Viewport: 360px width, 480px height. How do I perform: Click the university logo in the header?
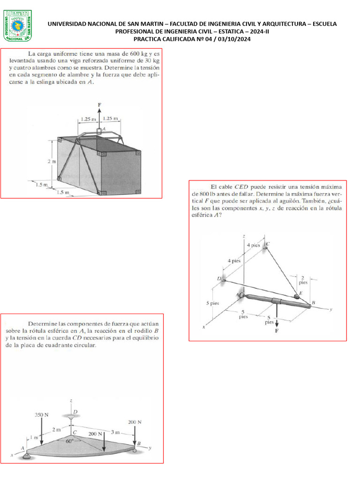pyautogui.click(x=18, y=24)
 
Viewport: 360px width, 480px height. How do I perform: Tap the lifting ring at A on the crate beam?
pyautogui.click(x=99, y=131)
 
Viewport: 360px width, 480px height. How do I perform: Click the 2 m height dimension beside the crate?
pyautogui.click(x=51, y=161)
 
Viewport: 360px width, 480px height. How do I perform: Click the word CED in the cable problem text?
pyautogui.click(x=242, y=186)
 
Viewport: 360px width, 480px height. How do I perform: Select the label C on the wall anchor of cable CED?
pyautogui.click(x=268, y=244)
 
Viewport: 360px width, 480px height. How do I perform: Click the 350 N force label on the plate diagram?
pyautogui.click(x=42, y=415)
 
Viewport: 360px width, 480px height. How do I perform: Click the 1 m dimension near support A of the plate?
pyautogui.click(x=31, y=437)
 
